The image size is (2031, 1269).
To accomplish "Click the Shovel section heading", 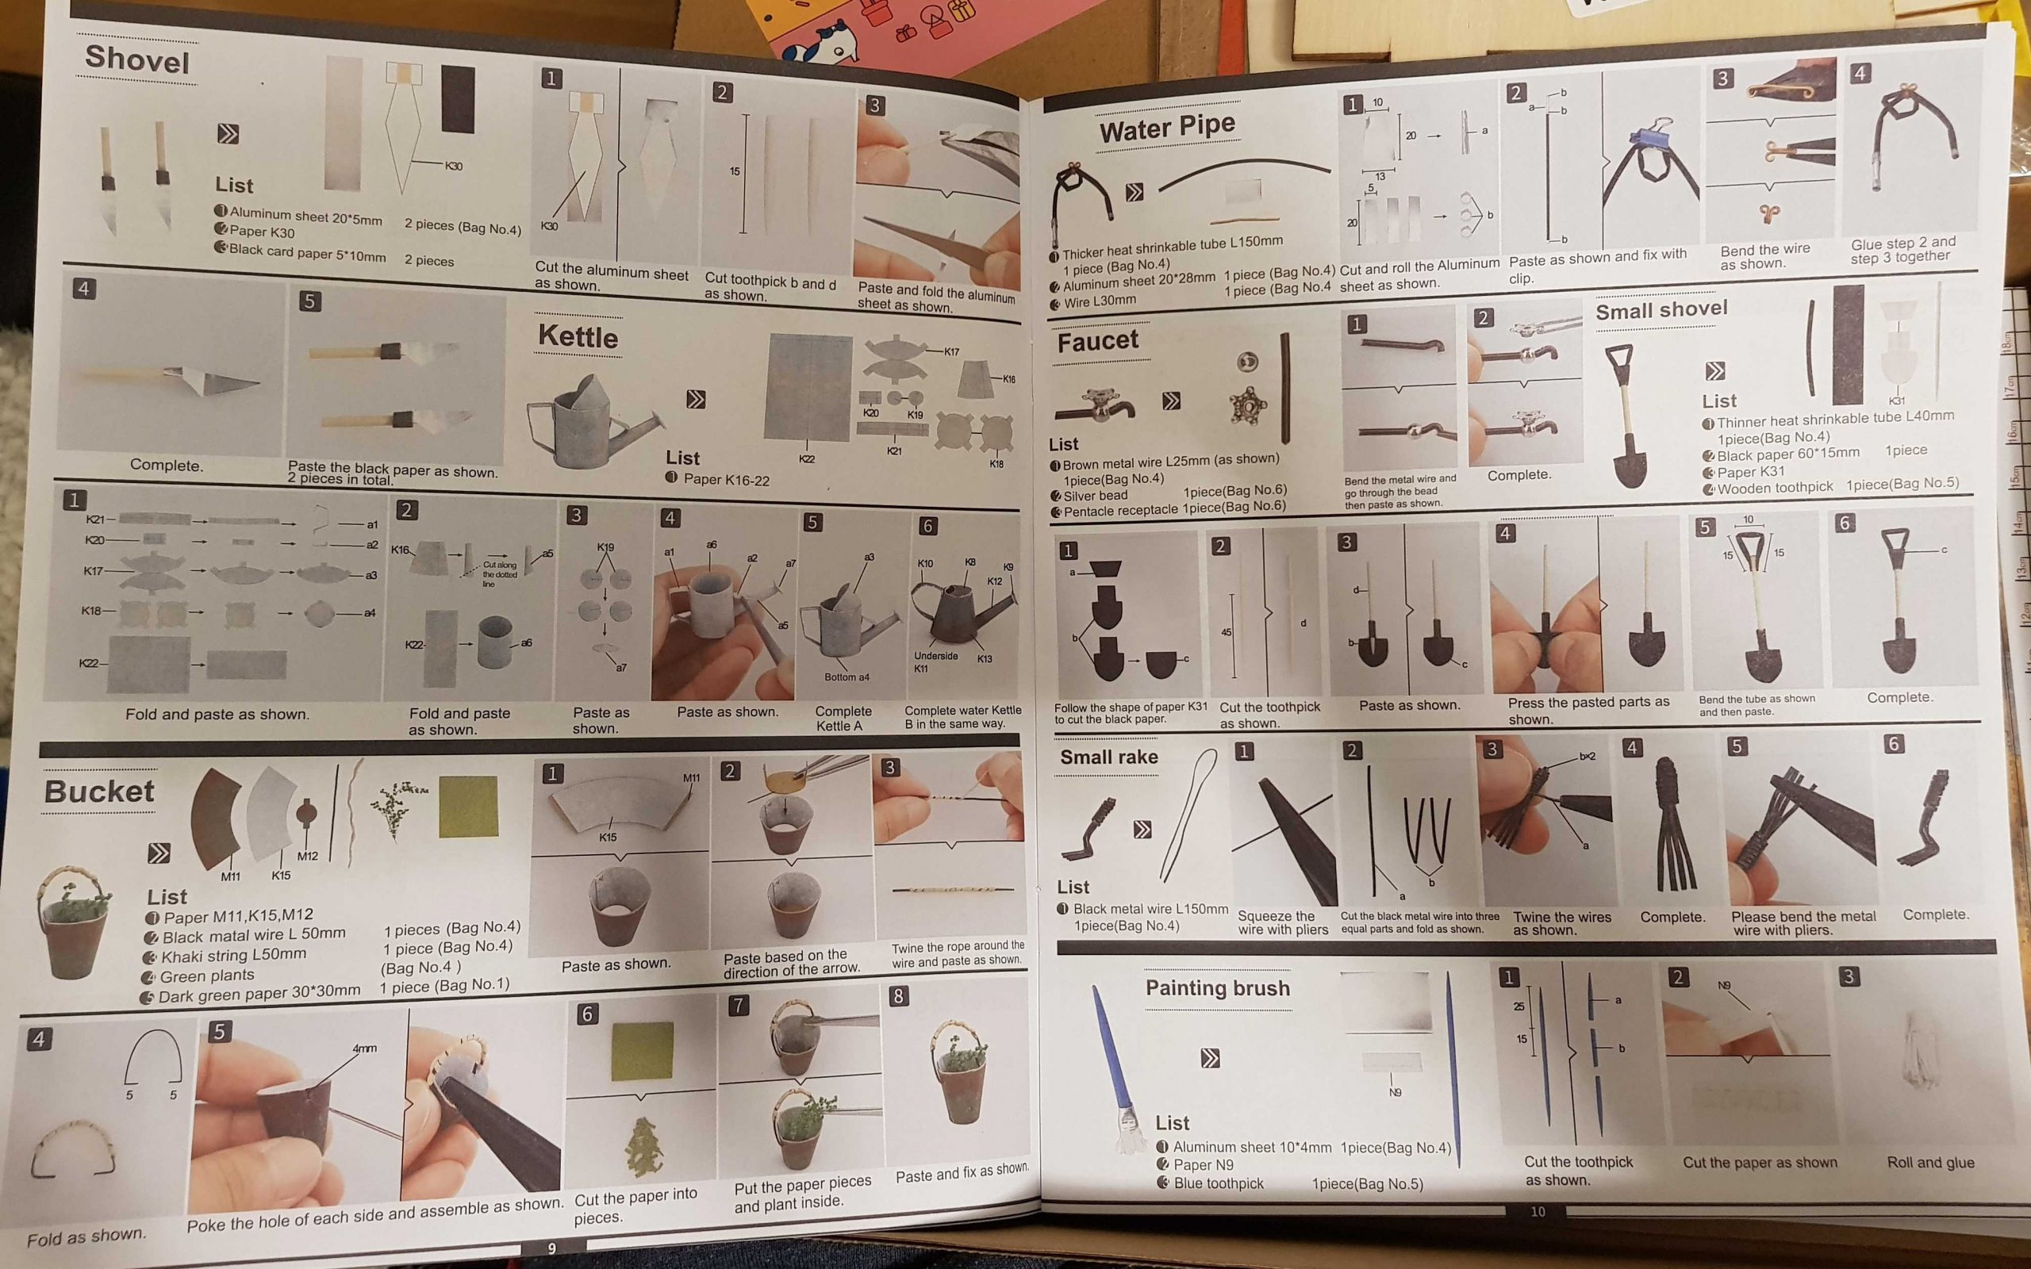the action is [136, 59].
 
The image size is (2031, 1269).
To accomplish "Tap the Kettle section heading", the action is [578, 336].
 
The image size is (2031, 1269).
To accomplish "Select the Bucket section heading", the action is [99, 792].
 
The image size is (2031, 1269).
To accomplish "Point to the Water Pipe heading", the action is [1167, 128].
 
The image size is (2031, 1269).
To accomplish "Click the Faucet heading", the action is [1098, 342].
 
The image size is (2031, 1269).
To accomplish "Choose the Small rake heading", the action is [1108, 757].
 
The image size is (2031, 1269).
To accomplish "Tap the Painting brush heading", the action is [1218, 988].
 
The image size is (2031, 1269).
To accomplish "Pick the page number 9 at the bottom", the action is [551, 1249].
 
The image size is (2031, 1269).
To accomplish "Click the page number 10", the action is [1538, 1212].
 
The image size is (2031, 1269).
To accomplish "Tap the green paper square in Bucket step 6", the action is [642, 1050].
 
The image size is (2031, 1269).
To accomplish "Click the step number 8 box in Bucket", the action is [899, 996].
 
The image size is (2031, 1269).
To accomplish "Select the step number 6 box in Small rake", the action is [1894, 744].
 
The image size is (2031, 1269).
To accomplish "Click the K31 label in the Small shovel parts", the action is [1897, 401].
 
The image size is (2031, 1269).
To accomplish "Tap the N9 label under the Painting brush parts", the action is [1395, 1092].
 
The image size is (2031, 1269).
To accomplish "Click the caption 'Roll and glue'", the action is [1930, 1163].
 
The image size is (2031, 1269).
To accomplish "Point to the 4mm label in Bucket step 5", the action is [364, 1049].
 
